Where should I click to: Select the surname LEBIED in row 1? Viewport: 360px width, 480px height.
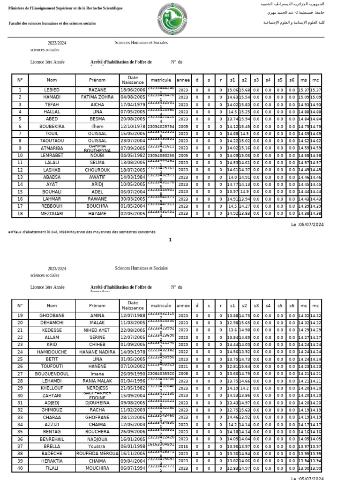52,90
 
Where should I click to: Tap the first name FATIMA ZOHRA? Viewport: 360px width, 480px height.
97,97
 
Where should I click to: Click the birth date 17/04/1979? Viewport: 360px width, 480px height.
133,105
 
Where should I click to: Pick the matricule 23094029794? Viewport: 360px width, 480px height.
161,127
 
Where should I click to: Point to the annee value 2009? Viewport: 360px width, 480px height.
183,127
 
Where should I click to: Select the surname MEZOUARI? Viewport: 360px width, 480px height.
52,214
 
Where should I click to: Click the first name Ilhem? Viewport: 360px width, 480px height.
97,127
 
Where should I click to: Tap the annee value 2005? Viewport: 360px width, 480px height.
183,156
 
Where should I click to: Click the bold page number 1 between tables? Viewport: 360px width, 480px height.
170,240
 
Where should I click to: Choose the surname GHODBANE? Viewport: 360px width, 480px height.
52,316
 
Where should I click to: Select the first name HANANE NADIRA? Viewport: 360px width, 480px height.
97,352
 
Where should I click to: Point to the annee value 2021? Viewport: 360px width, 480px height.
183,367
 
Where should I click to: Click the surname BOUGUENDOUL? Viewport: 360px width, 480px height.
52,374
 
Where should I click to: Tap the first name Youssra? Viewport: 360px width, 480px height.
97,447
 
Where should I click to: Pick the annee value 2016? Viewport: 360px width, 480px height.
183,447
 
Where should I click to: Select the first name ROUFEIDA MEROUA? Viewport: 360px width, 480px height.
97,454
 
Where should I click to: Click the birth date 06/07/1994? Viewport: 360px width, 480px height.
133,468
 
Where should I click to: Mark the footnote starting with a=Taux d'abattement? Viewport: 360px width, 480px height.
82,232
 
